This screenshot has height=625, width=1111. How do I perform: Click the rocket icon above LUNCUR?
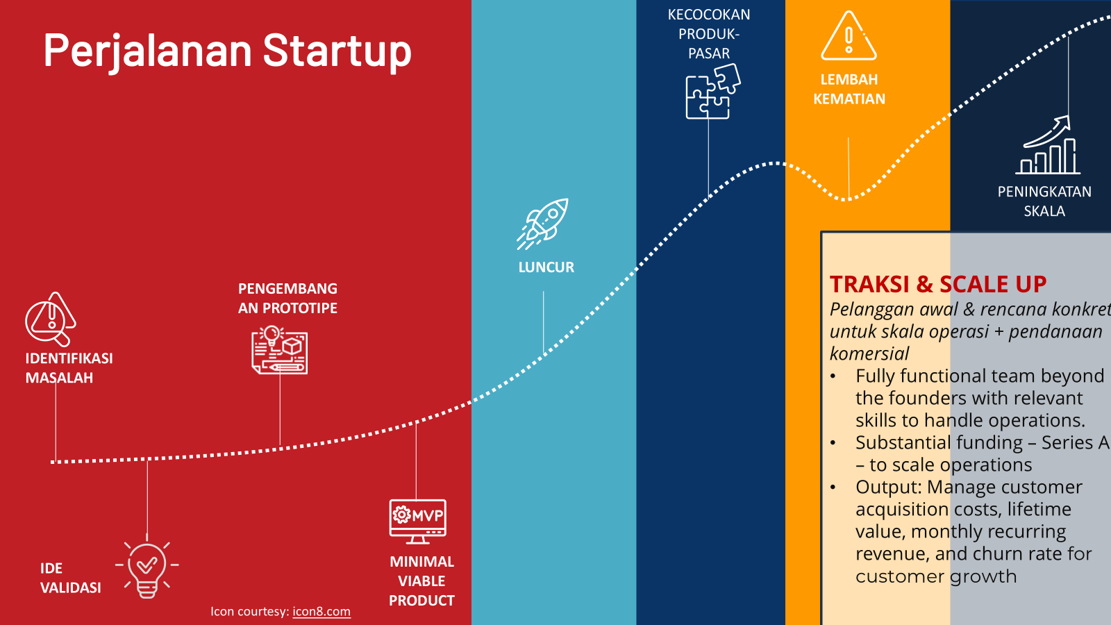coord(542,224)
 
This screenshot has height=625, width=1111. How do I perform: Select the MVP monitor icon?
coord(417,522)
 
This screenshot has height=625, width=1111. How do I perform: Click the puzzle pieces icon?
coord(712,92)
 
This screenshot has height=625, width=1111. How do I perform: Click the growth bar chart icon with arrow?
coord(1048,145)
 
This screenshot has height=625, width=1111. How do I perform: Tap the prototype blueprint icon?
coord(279,350)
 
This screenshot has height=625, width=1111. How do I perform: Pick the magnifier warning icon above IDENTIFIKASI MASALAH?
coord(51,319)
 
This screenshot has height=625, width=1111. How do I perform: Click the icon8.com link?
coord(321,611)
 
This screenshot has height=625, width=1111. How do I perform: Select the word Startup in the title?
coord(337,51)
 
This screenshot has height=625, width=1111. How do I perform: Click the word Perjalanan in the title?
coord(148,52)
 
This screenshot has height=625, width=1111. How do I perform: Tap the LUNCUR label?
coord(546,267)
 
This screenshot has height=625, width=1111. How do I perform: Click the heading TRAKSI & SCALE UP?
coord(938,284)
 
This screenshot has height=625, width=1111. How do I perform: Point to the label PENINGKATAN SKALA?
coord(1044,201)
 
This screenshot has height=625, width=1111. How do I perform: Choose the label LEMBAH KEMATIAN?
coord(849,90)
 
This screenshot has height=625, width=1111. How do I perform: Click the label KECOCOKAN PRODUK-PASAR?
coord(709,34)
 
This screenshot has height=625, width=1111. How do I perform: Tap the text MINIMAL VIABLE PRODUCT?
coord(421,581)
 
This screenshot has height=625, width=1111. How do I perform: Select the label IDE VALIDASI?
coord(70,578)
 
